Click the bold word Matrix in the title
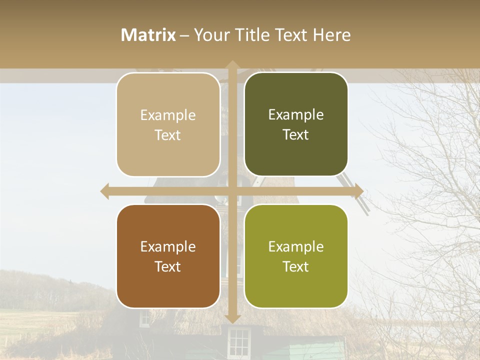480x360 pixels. tap(148, 35)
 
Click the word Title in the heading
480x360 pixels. tap(250, 35)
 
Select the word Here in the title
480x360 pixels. tap(332, 35)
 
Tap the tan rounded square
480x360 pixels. tap(168, 124)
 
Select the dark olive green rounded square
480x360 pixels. tap(296, 124)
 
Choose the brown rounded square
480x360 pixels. tap(168, 256)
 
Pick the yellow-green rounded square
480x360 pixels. tap(296, 256)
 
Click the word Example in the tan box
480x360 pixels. tap(168, 115)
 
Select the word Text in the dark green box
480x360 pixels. tap(296, 135)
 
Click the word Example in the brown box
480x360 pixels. tap(168, 247)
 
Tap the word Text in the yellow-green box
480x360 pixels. tap(296, 266)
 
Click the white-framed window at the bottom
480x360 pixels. tap(238, 343)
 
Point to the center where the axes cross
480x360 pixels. tap(232, 191)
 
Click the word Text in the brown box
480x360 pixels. tap(168, 266)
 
